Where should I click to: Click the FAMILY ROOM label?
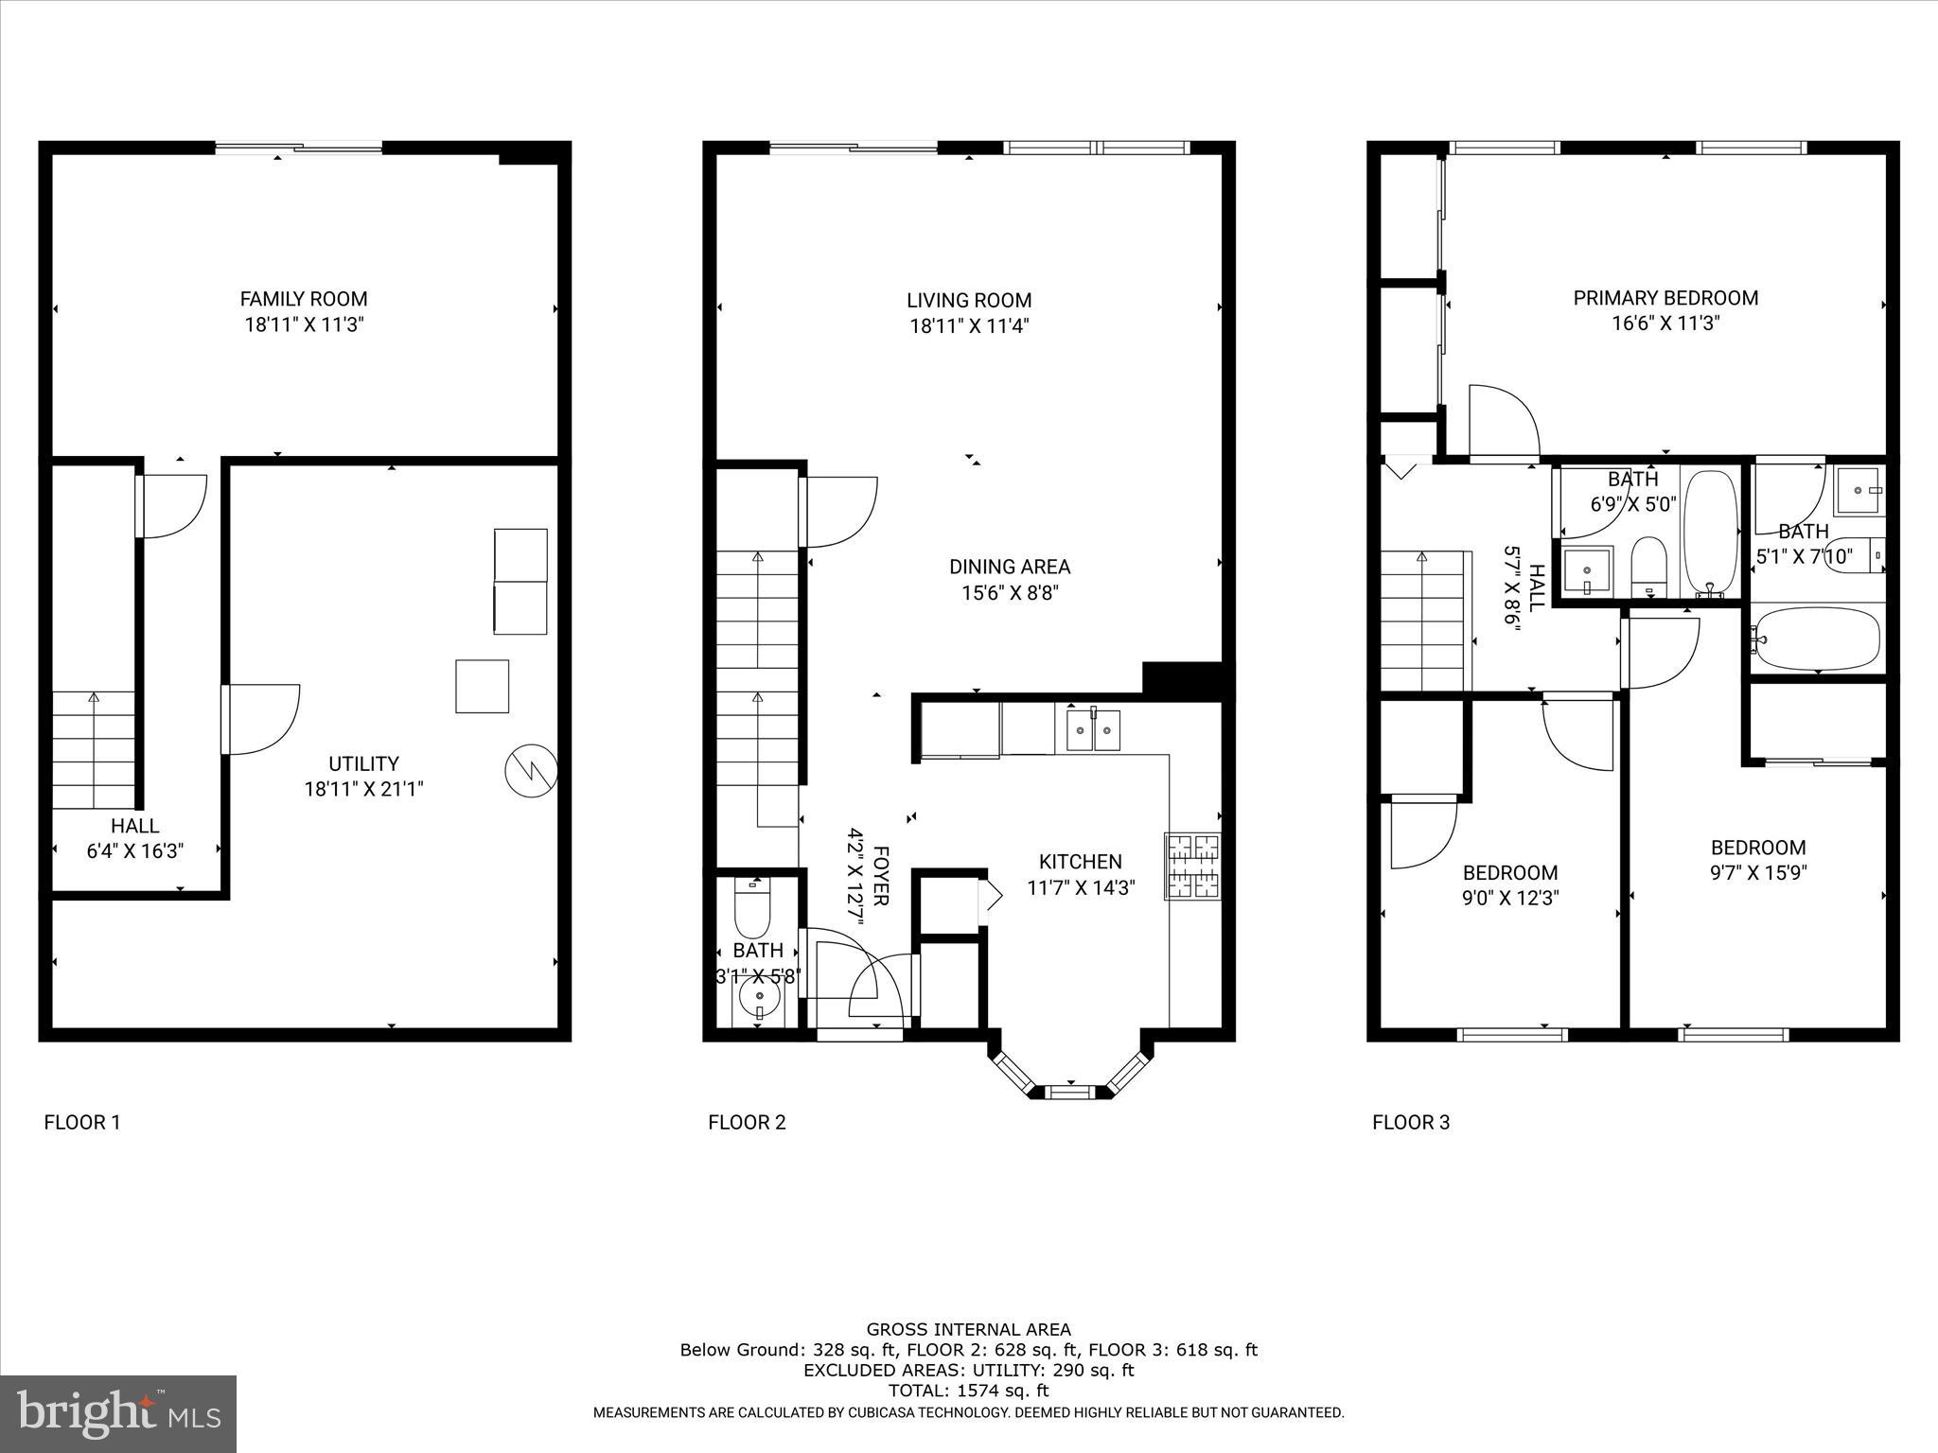click(303, 299)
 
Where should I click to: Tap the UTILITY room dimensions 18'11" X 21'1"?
click(363, 789)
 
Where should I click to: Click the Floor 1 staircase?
click(93, 749)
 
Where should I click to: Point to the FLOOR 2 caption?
click(747, 1123)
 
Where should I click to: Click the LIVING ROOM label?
click(968, 301)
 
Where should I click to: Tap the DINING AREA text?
click(1010, 567)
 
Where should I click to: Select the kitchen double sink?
click(1093, 729)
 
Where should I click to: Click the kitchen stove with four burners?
click(1192, 865)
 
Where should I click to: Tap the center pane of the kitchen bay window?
click(1070, 1093)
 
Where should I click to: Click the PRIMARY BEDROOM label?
click(1665, 298)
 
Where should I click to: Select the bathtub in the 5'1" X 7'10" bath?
click(1817, 639)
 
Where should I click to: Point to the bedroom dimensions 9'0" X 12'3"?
click(1510, 898)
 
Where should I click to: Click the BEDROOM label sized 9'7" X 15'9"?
click(1757, 848)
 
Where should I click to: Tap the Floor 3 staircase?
click(1423, 621)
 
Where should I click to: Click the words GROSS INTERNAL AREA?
click(968, 1330)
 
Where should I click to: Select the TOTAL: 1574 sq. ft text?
click(968, 1391)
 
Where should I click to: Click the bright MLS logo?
click(118, 1414)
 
